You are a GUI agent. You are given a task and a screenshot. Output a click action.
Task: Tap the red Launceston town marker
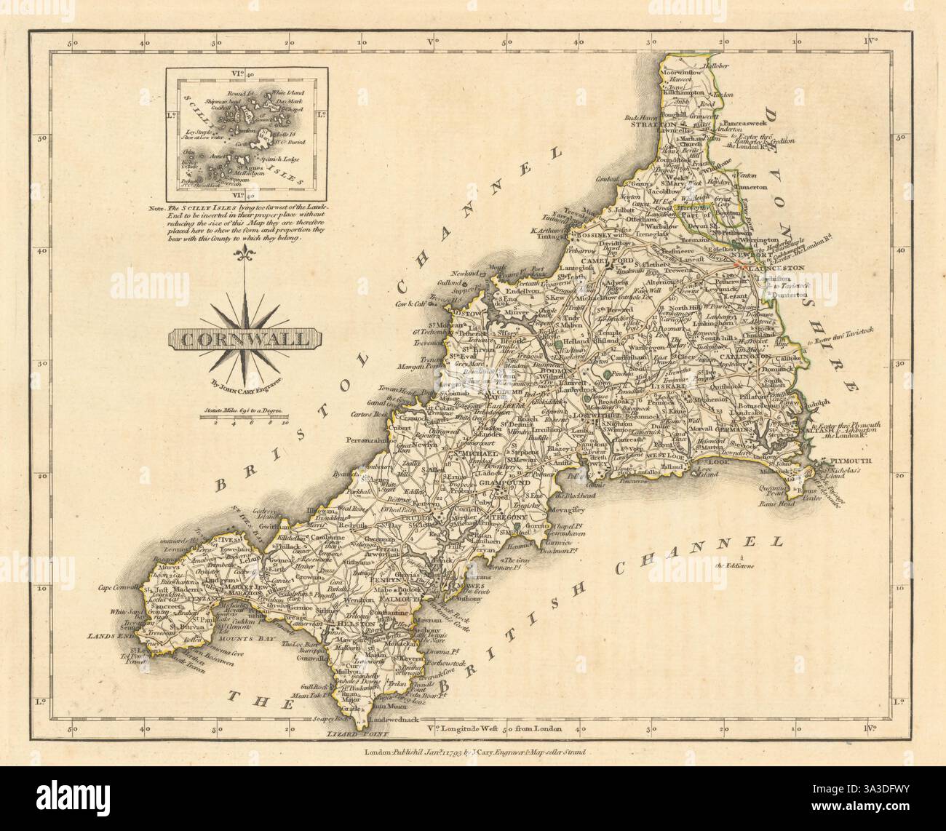[741, 266]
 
